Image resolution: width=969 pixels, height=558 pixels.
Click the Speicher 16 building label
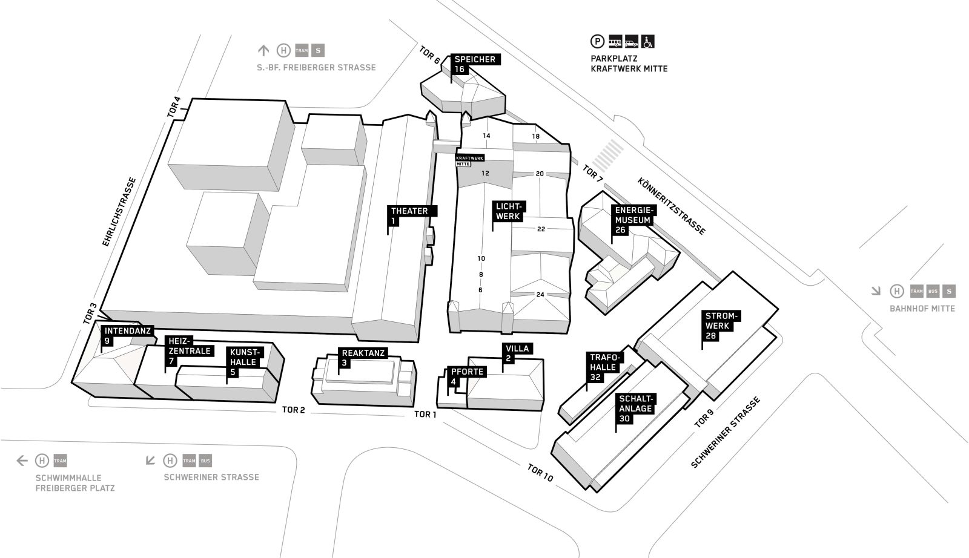coord(475,64)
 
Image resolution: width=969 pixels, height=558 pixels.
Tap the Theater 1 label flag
coord(412,215)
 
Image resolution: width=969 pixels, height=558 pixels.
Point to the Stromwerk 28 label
coord(721,326)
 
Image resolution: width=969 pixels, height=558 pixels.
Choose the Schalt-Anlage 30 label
coord(635,409)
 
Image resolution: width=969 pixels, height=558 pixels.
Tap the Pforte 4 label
coord(467,376)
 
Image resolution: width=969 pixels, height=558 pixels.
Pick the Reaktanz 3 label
coord(363,358)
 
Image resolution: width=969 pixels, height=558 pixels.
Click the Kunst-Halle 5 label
coord(245,362)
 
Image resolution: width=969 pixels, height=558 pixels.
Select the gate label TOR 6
coord(429,55)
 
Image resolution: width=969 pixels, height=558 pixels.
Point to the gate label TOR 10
coord(540,473)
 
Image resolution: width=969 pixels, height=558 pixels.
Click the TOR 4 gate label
coord(173,107)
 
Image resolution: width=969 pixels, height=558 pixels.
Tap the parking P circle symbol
coord(597,42)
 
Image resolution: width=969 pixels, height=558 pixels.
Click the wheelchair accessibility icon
coord(647,41)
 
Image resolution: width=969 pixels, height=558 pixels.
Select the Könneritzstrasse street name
coord(672,206)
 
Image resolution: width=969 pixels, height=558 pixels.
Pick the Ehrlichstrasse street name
coord(119,212)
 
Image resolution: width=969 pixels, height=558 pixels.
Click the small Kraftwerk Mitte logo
coord(469,161)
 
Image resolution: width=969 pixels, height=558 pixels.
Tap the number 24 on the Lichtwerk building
coord(540,295)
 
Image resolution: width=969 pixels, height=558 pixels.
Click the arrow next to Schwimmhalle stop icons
coord(22,461)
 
